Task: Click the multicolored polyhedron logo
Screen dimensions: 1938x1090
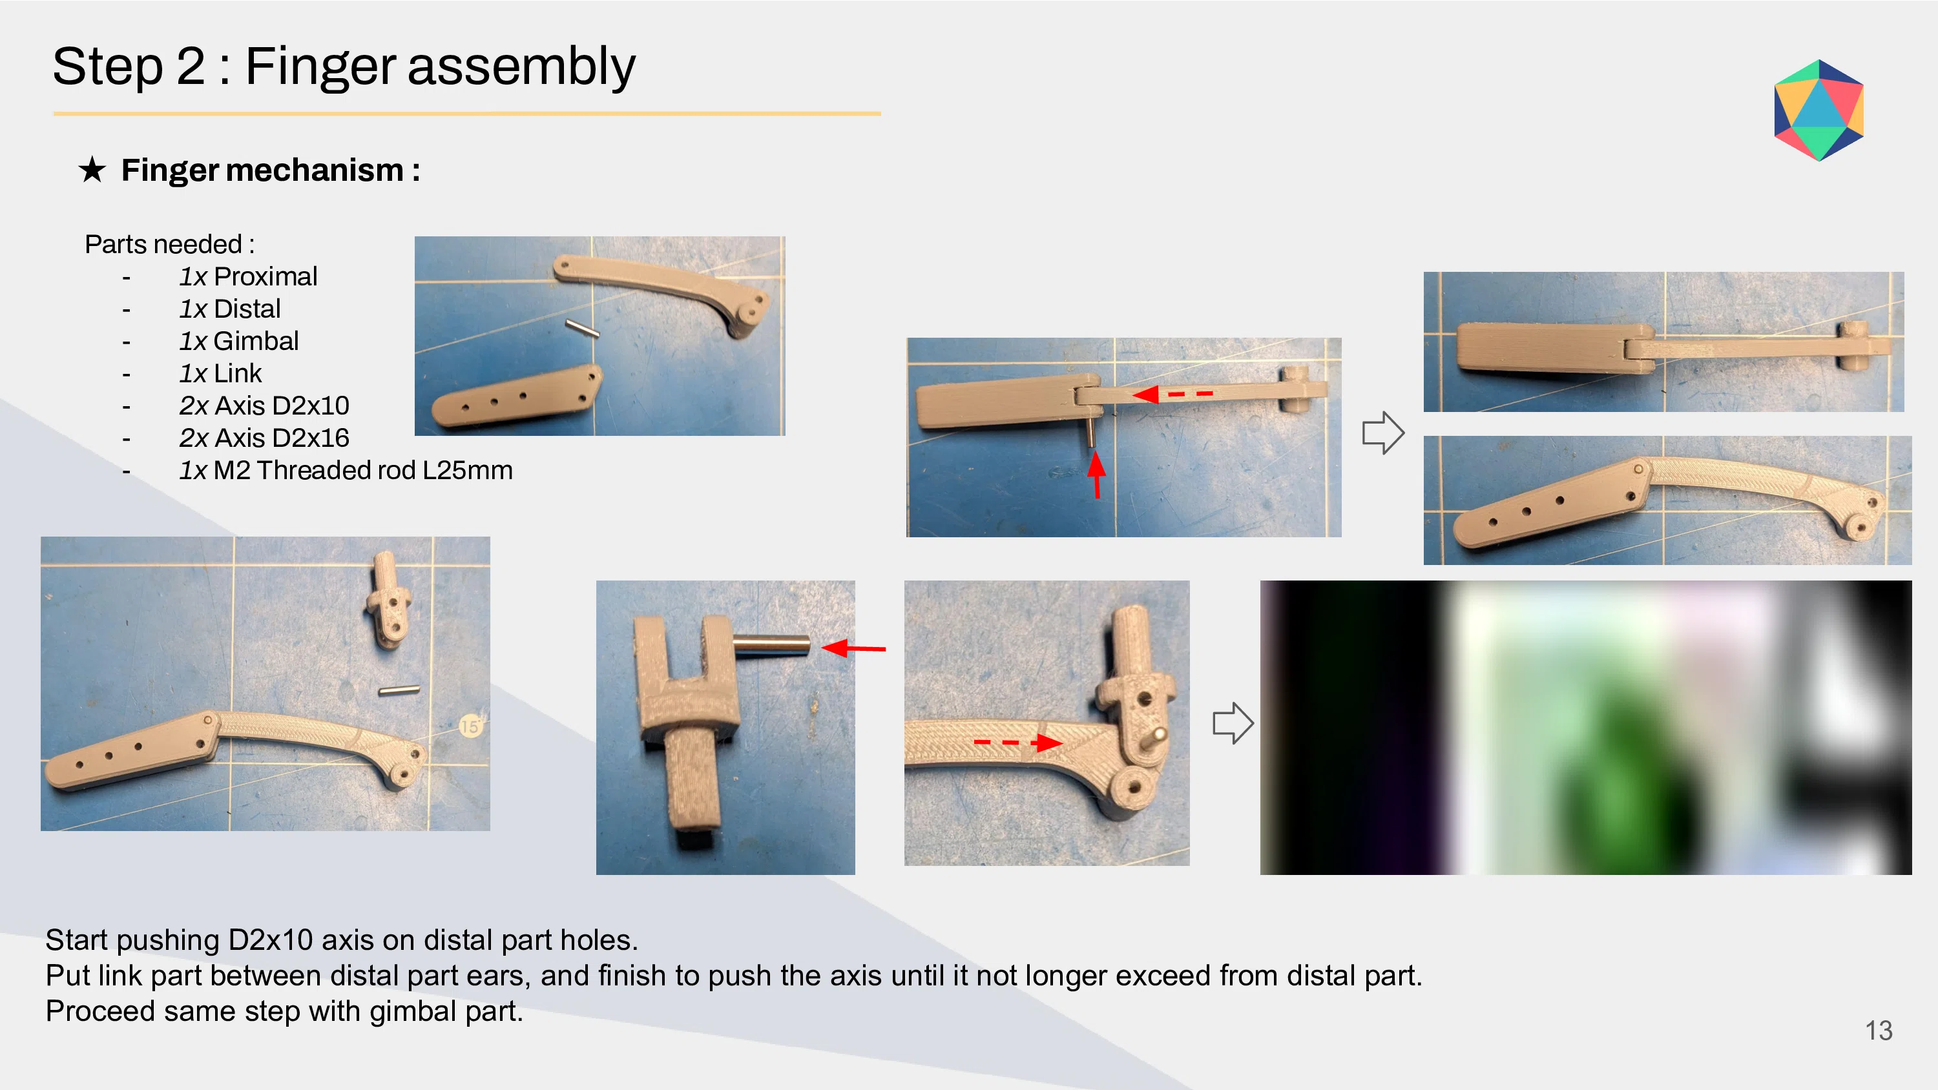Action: click(1818, 110)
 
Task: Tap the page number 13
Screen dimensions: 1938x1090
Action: click(1879, 1031)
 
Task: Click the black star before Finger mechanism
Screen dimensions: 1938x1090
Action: click(92, 169)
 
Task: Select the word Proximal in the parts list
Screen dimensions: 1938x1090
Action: click(266, 277)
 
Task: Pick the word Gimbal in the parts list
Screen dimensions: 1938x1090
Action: click(256, 342)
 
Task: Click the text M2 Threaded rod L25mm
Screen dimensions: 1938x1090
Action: click(363, 470)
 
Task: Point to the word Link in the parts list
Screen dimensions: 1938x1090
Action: click(238, 373)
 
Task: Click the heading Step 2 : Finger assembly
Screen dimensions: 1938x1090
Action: click(344, 67)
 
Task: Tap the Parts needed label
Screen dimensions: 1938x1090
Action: click(169, 245)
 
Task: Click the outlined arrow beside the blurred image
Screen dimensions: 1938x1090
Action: click(1233, 723)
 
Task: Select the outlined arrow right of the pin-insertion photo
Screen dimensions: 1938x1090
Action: click(1383, 433)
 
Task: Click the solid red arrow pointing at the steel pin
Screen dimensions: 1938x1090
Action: click(854, 648)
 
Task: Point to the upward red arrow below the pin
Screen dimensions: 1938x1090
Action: click(1097, 475)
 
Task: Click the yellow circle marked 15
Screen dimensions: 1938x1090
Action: click(470, 726)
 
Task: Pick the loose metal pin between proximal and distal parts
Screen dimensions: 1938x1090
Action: click(582, 328)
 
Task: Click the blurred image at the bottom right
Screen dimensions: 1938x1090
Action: click(1586, 727)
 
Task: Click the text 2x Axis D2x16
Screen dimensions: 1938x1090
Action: click(264, 438)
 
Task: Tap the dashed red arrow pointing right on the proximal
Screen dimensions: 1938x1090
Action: click(1018, 743)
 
